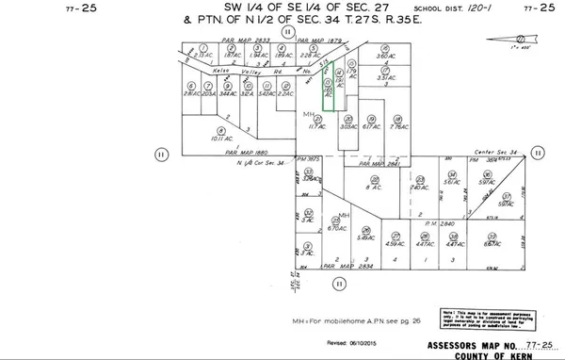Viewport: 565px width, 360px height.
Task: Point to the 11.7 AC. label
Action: (x=311, y=126)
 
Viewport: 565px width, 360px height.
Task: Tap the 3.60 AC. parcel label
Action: (x=382, y=57)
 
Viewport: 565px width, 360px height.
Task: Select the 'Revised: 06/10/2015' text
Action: (x=350, y=346)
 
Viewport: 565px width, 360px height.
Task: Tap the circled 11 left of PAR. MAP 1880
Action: (x=161, y=153)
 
